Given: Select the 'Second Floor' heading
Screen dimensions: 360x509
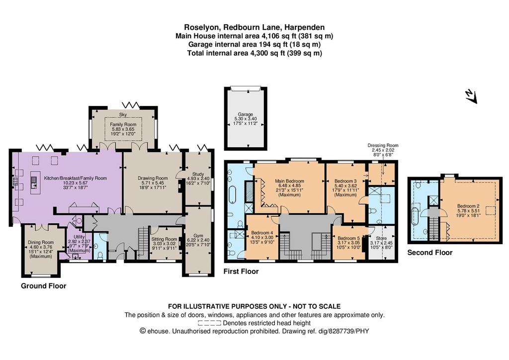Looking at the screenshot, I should [429, 253].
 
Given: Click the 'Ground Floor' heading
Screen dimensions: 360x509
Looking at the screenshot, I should [43, 286].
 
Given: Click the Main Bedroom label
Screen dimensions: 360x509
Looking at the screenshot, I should [289, 181].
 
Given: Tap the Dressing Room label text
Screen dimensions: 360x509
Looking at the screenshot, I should [383, 146].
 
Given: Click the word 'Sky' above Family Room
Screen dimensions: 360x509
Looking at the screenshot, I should [123, 114].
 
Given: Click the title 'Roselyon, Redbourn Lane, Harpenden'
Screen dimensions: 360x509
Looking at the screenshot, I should [254, 27].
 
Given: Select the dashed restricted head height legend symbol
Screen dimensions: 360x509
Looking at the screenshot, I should [209, 323].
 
